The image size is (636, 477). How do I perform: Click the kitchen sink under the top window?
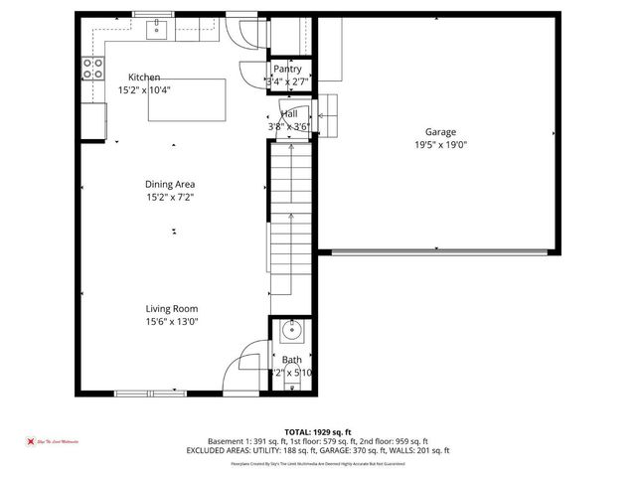tap(157, 30)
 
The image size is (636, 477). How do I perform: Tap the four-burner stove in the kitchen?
tap(92, 69)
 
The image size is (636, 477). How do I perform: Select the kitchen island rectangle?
tap(186, 99)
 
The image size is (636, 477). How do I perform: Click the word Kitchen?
tap(144, 78)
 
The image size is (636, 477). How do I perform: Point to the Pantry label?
tap(287, 69)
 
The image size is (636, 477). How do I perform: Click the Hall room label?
tap(288, 114)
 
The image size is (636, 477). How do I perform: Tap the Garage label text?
tap(440, 131)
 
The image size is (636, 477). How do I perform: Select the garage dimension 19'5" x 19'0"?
tap(440, 144)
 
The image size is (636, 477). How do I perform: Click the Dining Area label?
tap(170, 184)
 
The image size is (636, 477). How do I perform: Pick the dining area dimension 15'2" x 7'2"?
tap(170, 197)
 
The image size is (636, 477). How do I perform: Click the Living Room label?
tap(172, 308)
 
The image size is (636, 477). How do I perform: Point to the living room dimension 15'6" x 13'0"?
tap(172, 321)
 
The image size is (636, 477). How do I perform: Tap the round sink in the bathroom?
tap(289, 330)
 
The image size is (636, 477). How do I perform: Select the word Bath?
tap(291, 360)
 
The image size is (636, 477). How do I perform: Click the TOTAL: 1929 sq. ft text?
tap(318, 431)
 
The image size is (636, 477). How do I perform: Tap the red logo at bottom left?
tap(31, 440)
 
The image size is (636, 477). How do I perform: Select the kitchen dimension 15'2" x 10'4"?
tap(144, 90)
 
